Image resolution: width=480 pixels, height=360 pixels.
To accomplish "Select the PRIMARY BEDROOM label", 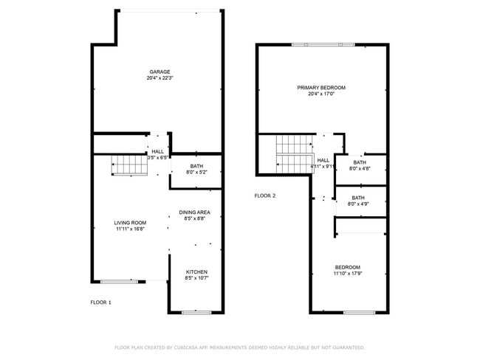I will point(321,87).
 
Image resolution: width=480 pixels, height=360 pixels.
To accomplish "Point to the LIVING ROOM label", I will point(130,223).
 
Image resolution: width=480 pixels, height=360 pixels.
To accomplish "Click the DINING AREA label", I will point(195,212).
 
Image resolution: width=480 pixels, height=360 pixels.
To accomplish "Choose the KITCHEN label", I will point(196,272).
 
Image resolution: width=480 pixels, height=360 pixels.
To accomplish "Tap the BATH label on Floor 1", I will point(196,166).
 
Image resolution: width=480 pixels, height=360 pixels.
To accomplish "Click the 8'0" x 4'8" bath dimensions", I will point(360,169).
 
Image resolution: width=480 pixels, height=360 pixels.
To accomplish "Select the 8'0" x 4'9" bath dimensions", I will point(358,204).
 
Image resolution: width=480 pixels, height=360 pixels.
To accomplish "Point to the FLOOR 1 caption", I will point(101,302).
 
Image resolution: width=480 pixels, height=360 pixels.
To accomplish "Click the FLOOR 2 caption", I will point(265,195).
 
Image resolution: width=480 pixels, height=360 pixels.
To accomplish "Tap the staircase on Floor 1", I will point(129,166).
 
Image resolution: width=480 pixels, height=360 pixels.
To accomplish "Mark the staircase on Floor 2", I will point(295,155).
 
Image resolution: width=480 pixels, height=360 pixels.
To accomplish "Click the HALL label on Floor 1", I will point(158,151).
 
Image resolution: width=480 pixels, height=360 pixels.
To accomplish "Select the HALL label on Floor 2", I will point(323,159).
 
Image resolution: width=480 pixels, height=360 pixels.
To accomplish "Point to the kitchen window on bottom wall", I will point(196,312).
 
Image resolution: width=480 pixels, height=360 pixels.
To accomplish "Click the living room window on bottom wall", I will point(119,281).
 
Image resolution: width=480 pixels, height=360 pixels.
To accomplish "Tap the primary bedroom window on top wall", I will point(322,45).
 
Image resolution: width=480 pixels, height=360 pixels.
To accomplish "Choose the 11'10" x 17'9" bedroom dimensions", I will point(348,274).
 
